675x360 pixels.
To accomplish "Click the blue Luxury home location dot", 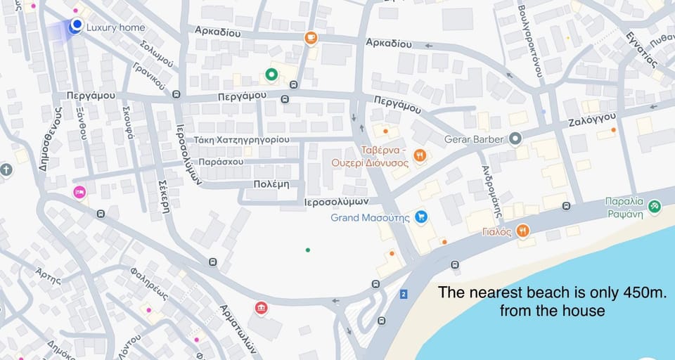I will tap(76, 25).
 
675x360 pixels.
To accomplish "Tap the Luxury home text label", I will tap(116, 28).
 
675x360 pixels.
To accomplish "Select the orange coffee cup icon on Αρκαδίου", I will tap(311, 38).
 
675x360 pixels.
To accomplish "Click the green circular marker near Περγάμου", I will tap(271, 74).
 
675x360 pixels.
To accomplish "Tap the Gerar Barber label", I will tap(474, 139).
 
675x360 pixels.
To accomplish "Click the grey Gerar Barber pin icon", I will tap(515, 139).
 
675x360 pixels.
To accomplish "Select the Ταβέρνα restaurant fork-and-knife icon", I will tap(420, 155).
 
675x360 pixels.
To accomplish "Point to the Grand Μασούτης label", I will tap(370, 217).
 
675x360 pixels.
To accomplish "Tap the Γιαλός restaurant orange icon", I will tap(522, 231).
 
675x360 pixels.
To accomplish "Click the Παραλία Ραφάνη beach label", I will tap(624, 208).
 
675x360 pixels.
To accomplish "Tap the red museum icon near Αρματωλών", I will tap(261, 308).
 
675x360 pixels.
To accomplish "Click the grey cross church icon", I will tap(6, 170).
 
